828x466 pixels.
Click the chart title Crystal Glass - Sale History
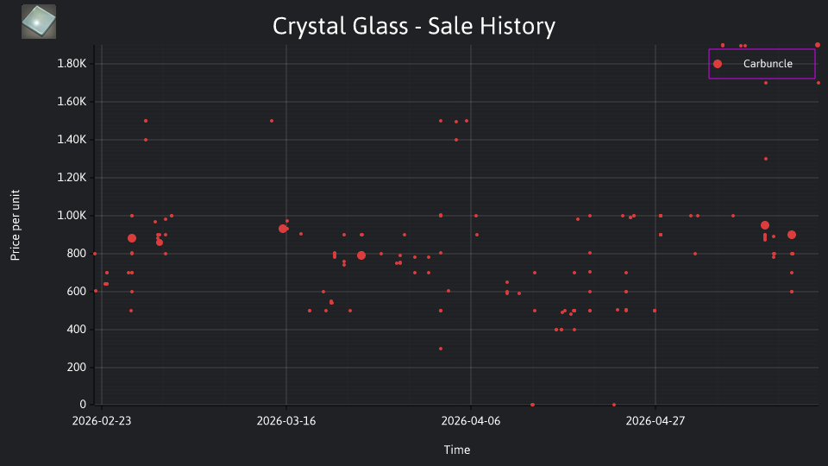pos(414,26)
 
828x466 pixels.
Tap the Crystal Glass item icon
pos(39,22)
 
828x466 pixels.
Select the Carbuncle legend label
pos(768,64)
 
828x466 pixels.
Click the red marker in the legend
pos(718,64)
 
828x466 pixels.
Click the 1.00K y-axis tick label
pos(72,216)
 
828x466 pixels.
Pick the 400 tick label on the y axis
pos(76,329)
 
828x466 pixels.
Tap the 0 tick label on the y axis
pos(83,404)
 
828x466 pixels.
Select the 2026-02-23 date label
pos(102,421)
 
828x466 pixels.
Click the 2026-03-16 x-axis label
pos(286,421)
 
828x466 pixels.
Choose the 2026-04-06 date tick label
pos(471,421)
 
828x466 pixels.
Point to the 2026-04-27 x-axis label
pos(655,421)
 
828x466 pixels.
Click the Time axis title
pos(457,450)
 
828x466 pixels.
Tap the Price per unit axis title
pos(16,225)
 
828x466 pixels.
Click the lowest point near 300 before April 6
pos(441,349)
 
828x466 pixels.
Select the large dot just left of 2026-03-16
pos(283,229)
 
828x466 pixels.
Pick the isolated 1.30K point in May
pos(766,159)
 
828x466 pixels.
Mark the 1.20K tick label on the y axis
pos(72,178)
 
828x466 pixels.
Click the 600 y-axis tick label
pos(76,291)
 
